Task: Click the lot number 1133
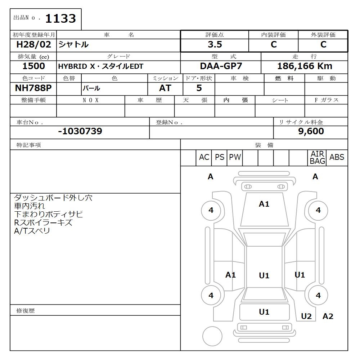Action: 60,18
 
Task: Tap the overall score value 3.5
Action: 215,45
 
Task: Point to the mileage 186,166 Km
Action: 305,66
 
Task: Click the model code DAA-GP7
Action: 221,66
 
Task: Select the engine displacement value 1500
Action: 33,66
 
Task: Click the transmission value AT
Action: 165,88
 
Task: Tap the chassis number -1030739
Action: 80,131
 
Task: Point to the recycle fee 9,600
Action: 311,131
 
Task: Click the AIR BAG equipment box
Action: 317,158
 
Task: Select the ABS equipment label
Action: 337,157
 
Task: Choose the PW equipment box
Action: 235,157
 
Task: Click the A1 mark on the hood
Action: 264,204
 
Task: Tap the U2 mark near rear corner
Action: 306,316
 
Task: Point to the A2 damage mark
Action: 328,316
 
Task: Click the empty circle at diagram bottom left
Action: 212,336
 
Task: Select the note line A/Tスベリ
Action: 32,231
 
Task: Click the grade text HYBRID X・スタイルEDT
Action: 101,67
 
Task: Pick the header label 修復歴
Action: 26,310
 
